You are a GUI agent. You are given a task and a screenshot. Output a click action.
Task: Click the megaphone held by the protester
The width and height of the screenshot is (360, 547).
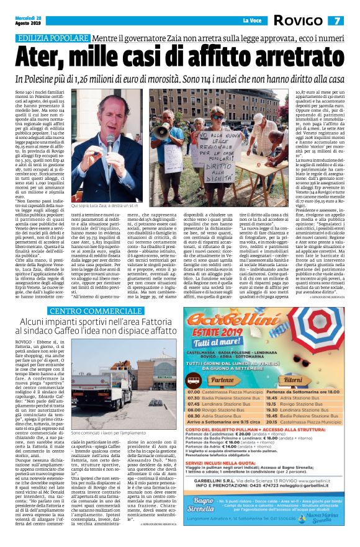pyautogui.click(x=162, y=131)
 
